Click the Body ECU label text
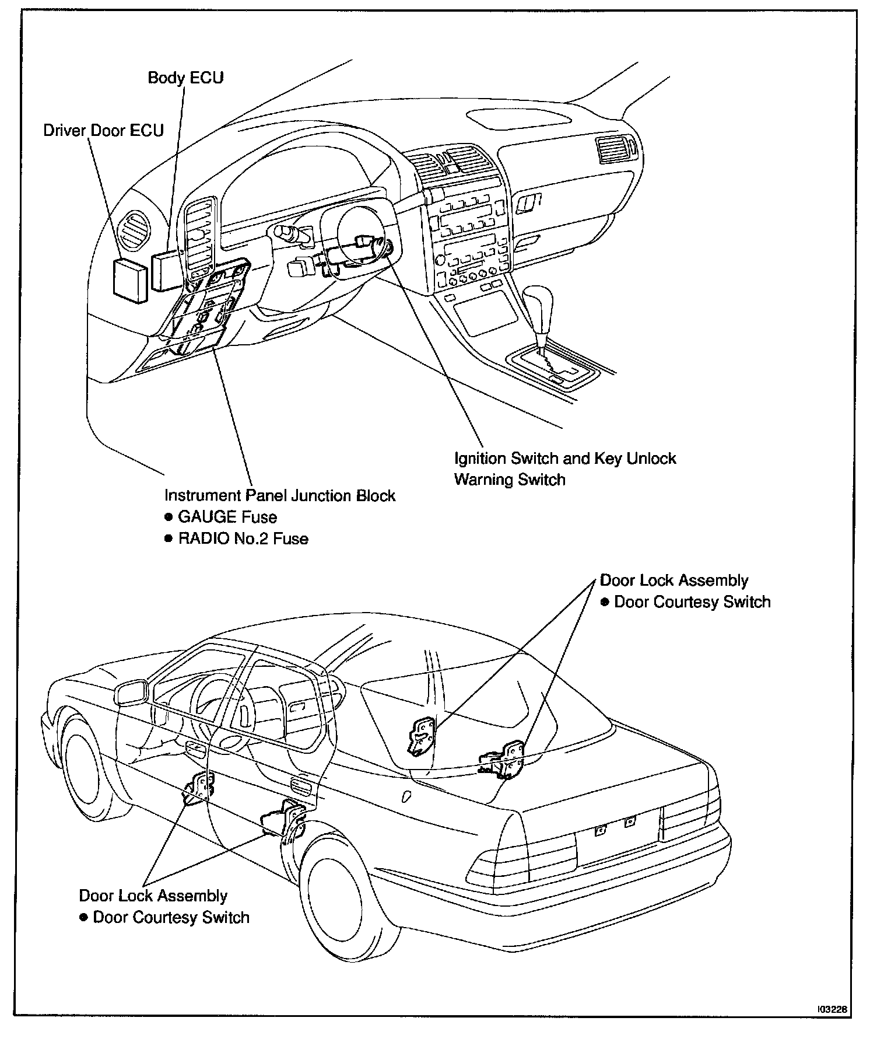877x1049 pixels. click(x=185, y=78)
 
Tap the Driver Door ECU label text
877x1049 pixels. click(x=103, y=130)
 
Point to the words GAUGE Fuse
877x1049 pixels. click(x=227, y=517)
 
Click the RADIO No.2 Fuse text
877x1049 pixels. click(x=243, y=538)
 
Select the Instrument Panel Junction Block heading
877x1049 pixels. click(x=280, y=496)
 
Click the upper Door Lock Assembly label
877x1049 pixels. click(x=674, y=581)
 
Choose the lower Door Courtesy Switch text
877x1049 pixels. click(x=171, y=917)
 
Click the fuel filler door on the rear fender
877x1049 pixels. click(x=407, y=796)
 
